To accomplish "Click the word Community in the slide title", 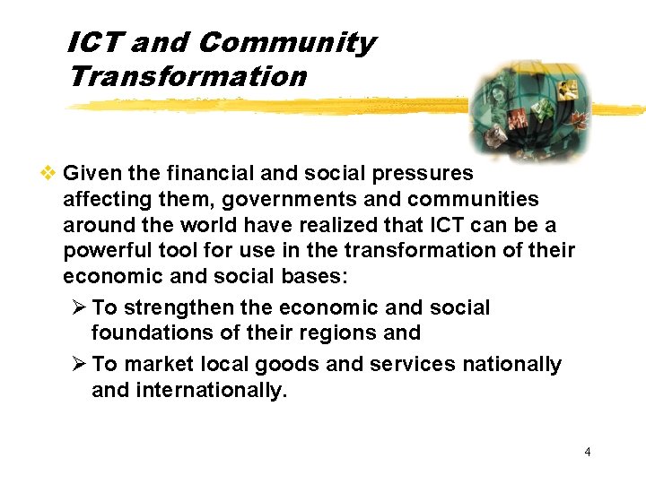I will tap(286, 43).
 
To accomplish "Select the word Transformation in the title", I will tap(188, 76).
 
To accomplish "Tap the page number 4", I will tap(588, 452).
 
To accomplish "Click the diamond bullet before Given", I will tap(51, 173).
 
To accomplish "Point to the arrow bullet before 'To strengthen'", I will tap(78, 307).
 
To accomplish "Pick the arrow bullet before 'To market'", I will tap(78, 364).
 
